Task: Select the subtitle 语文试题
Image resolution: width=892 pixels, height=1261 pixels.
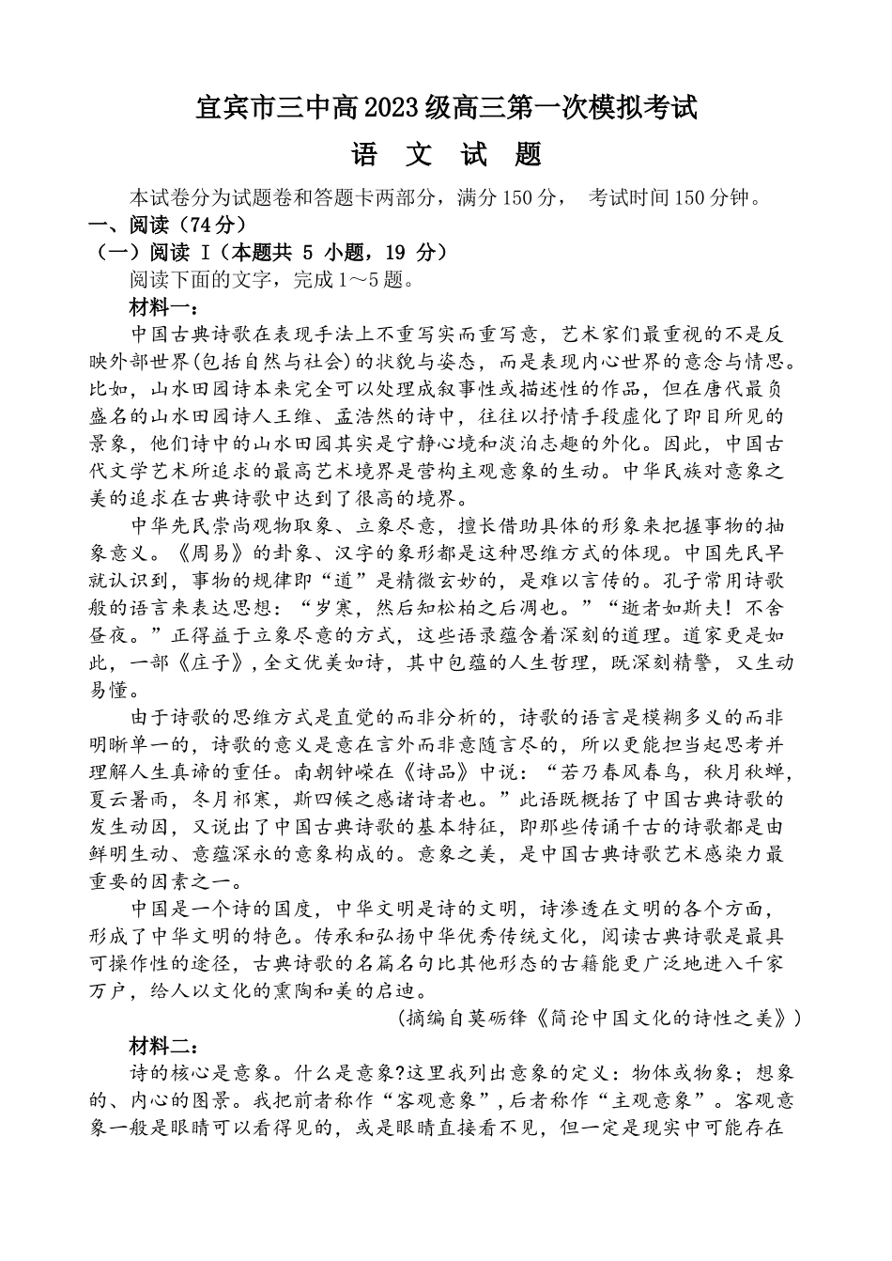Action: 446,153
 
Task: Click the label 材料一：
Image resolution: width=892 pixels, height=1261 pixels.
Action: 162,307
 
